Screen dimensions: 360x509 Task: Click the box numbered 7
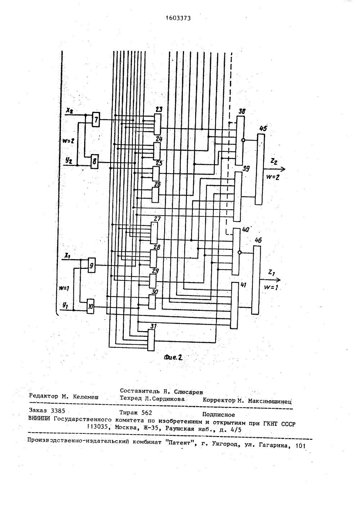click(96, 120)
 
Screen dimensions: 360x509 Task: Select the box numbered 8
click(95, 161)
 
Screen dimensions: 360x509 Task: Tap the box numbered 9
click(91, 265)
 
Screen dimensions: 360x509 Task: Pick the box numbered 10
click(91, 306)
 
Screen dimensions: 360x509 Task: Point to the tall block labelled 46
click(256, 280)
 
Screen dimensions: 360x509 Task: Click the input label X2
click(69, 111)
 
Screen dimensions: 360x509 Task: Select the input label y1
click(66, 306)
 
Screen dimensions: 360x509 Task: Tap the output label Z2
click(274, 161)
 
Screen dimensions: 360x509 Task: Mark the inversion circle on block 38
click(243, 140)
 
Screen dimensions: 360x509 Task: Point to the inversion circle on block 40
click(239, 252)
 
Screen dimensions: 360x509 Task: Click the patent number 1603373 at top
click(178, 18)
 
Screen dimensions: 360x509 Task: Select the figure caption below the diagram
click(173, 358)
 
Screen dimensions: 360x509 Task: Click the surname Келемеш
click(86, 397)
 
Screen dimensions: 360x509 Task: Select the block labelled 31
click(151, 340)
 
